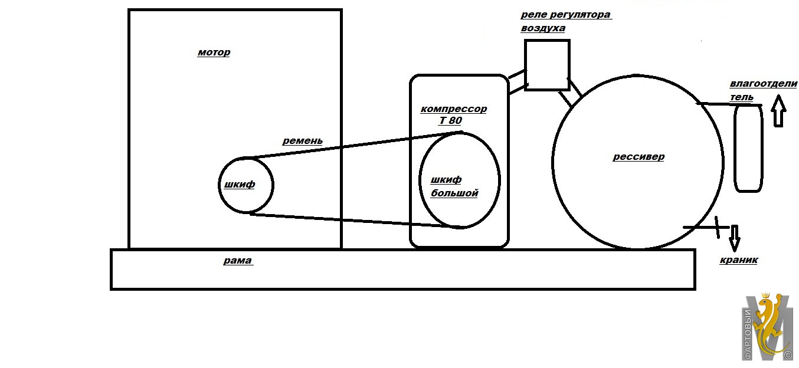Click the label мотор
pos(214,52)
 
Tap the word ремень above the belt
pos(303,141)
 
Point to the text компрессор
pos(453,109)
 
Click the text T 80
pos(450,120)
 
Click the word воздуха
pos(543,28)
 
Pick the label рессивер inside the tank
pos(638,157)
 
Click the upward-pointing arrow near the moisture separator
pos(778,110)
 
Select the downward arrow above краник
pos(735,238)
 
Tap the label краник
pos(739,260)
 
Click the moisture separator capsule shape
pos(735,149)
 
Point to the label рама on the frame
pos(238,261)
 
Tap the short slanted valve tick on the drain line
pos(717,227)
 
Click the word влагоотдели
pos(764,84)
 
